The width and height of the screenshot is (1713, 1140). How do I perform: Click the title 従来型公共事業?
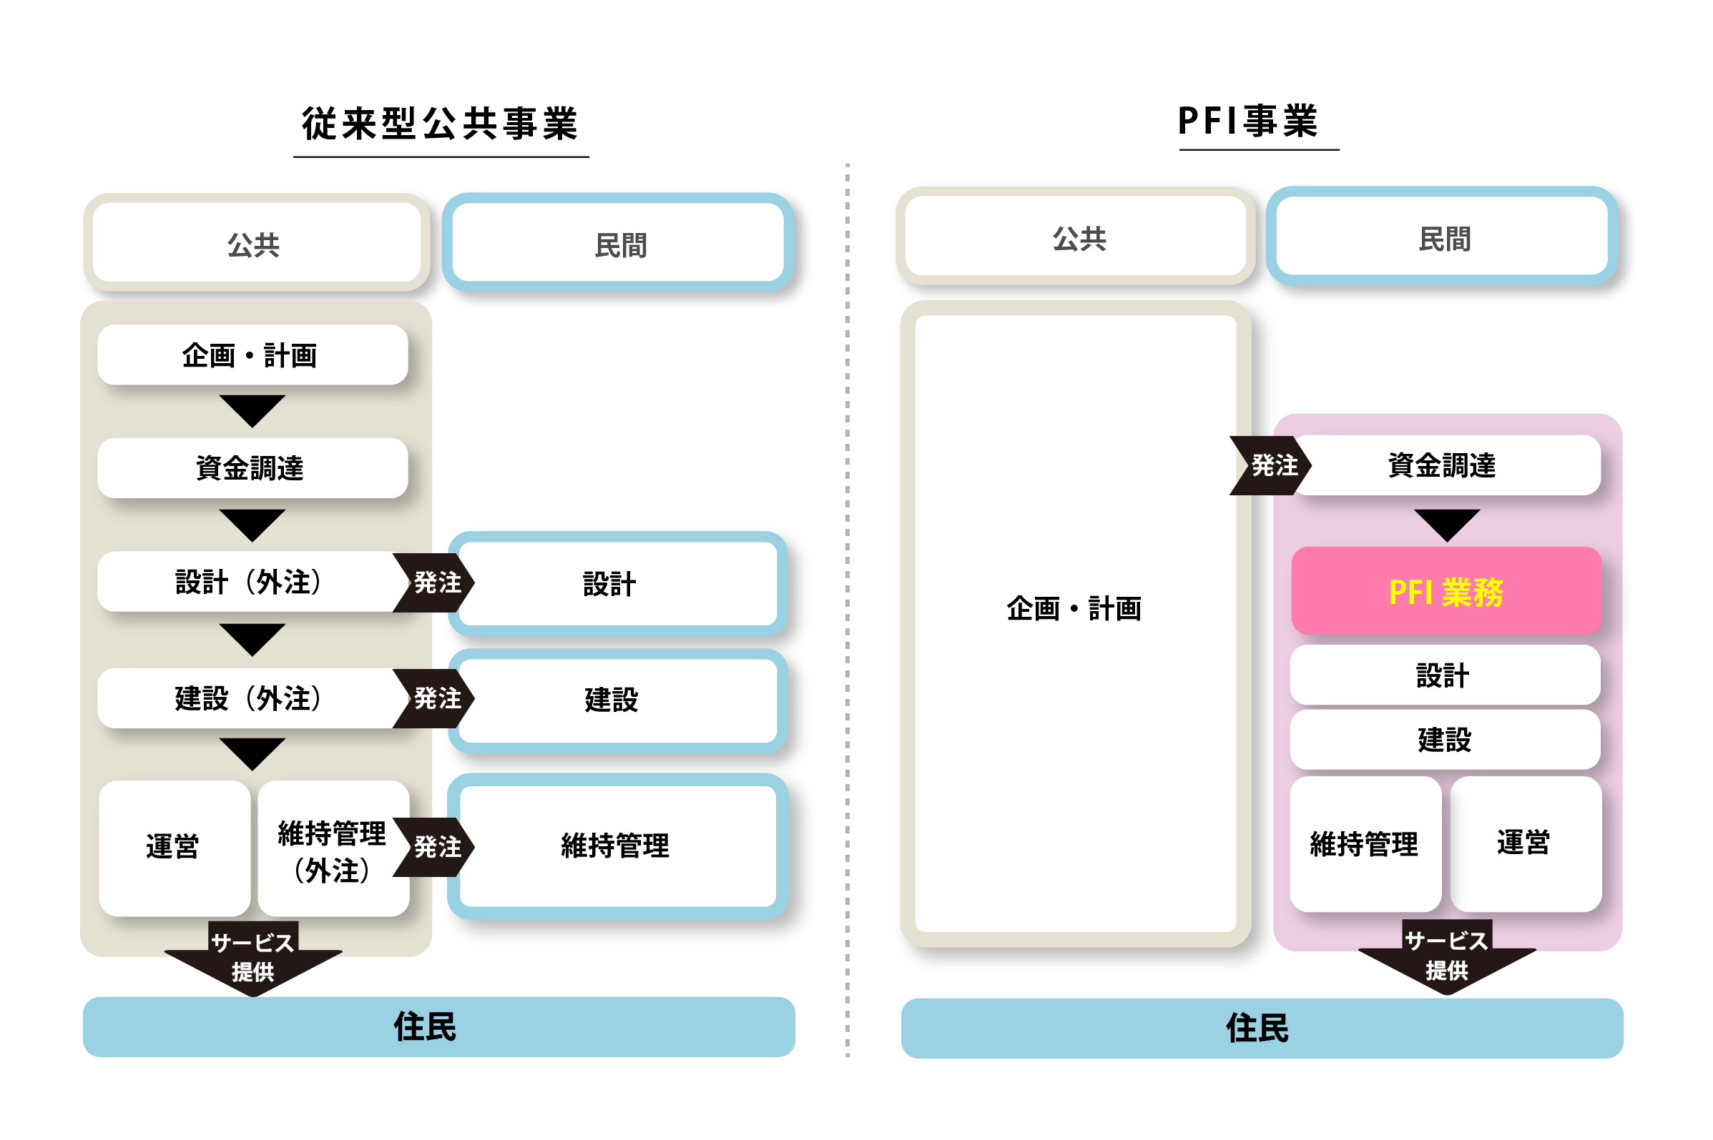point(439,124)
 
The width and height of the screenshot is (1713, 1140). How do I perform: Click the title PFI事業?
point(1247,121)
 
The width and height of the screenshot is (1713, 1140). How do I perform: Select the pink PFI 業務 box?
point(1446,591)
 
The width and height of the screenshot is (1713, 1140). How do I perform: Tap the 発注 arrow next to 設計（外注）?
point(435,583)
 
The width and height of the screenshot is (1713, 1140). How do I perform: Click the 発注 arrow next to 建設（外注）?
point(435,699)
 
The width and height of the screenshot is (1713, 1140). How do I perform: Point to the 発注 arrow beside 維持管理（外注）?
point(435,847)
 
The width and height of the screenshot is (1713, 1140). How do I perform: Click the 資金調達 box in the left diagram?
point(252,467)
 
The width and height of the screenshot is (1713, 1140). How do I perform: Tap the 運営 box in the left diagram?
point(173,847)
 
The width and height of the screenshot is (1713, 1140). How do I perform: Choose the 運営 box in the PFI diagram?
point(1525,843)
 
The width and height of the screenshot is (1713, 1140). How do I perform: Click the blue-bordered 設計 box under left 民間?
point(617,584)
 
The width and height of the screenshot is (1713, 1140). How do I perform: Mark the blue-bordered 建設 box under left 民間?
point(617,700)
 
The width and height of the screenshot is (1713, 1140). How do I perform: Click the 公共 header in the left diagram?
point(255,244)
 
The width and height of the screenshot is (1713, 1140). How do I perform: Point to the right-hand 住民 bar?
point(1260,1028)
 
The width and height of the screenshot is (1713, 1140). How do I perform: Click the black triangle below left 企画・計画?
point(252,410)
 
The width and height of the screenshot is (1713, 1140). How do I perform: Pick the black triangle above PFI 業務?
point(1446,523)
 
